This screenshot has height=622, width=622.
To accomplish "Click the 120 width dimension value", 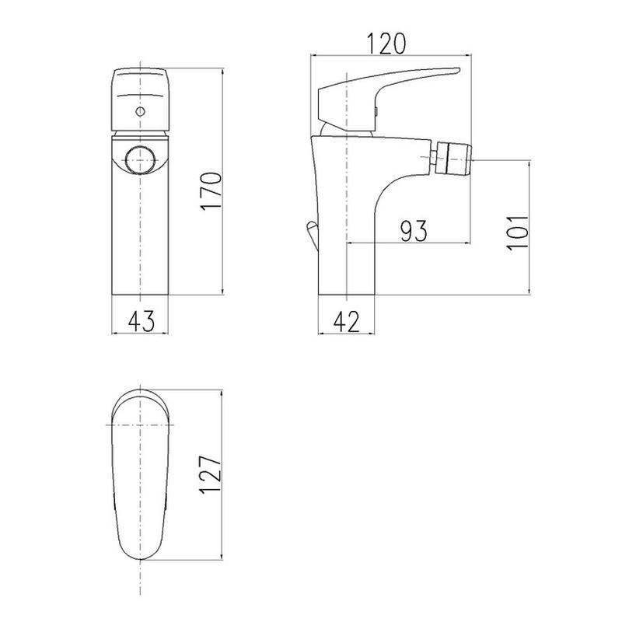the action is [386, 44].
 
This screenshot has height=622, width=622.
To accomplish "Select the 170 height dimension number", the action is [211, 190].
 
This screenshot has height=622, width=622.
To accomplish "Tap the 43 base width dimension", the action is [142, 321].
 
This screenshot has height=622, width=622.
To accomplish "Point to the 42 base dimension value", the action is [346, 321].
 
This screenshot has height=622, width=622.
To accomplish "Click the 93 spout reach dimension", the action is [414, 231].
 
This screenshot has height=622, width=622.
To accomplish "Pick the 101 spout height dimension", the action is [518, 232].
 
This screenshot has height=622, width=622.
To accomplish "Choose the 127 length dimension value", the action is [210, 474].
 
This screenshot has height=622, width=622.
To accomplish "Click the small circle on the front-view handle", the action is [140, 111].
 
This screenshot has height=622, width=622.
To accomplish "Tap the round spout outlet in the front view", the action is [140, 160].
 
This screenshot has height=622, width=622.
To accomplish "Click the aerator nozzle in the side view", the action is [453, 159].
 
